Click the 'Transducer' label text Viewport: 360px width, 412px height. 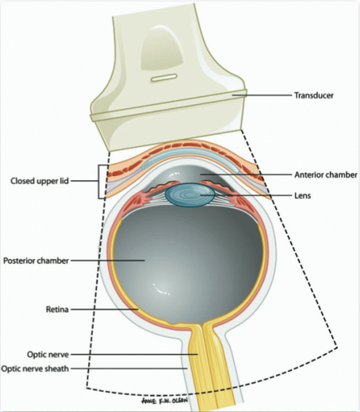point(314,95)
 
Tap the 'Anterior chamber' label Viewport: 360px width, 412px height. point(326,175)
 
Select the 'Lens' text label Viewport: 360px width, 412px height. point(303,195)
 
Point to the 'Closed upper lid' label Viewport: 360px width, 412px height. point(40,181)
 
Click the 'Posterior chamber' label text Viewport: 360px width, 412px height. point(36,261)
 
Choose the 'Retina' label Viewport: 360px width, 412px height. point(57,310)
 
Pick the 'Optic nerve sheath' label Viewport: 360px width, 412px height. point(35,368)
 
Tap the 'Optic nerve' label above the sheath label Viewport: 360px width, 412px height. point(48,355)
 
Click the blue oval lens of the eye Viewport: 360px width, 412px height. point(190,196)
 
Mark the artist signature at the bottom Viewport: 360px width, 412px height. point(165,400)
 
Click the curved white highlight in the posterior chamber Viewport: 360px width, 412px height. point(160,290)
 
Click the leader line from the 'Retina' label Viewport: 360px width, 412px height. point(105,309)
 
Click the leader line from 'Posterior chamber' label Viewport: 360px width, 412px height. point(108,260)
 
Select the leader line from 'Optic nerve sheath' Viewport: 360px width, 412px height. point(129,368)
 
